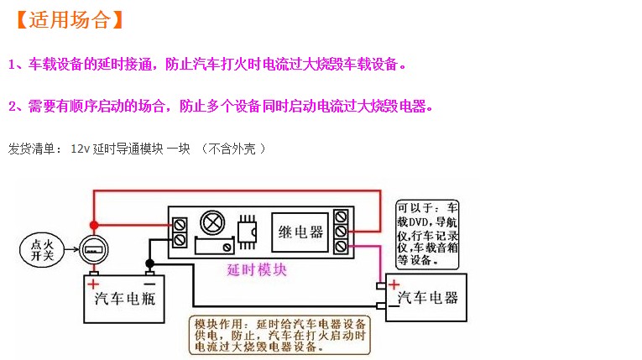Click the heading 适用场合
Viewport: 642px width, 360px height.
point(70,20)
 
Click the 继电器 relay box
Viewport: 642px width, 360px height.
point(300,232)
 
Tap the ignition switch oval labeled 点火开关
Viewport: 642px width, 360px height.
point(42,250)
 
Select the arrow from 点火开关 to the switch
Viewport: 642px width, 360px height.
point(71,249)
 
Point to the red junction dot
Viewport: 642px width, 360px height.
point(94,225)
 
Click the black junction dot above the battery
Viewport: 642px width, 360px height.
point(150,263)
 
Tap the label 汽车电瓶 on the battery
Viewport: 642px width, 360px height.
point(125,299)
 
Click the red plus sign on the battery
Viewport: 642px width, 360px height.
point(93,284)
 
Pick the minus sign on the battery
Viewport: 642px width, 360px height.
point(150,284)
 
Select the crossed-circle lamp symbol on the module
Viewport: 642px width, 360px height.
point(212,223)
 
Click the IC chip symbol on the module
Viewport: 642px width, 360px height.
point(248,232)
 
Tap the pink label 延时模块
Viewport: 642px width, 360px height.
point(257,270)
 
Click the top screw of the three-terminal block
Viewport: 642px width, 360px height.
point(341,217)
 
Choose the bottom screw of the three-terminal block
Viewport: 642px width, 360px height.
point(341,246)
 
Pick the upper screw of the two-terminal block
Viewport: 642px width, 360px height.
point(180,225)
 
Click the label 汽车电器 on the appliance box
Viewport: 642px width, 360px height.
point(427,297)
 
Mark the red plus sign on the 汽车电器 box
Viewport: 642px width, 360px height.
point(394,284)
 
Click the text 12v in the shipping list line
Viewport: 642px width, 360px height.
point(80,149)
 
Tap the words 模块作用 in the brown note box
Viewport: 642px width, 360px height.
point(219,325)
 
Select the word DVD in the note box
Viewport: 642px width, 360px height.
point(419,222)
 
